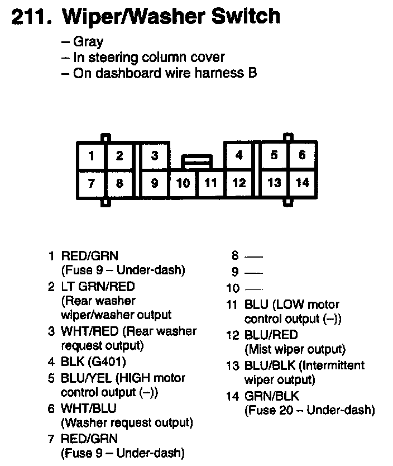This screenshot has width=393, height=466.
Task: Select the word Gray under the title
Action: click(88, 42)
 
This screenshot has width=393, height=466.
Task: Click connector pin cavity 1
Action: click(92, 156)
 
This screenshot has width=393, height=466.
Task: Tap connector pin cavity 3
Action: click(155, 156)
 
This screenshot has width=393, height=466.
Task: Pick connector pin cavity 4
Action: click(239, 156)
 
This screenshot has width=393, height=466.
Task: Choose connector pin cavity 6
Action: click(302, 156)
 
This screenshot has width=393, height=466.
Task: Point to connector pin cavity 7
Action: click(92, 183)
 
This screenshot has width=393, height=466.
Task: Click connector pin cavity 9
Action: click(155, 183)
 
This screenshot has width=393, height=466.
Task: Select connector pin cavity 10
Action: click(183, 183)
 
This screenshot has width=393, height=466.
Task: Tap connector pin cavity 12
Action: click(239, 183)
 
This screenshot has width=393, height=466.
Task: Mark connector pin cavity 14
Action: click(302, 183)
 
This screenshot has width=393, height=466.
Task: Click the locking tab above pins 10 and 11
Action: click(197, 162)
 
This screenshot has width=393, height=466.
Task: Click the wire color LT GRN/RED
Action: click(98, 286)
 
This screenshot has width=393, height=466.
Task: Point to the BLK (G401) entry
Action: click(93, 362)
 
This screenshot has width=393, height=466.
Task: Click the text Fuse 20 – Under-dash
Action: click(310, 411)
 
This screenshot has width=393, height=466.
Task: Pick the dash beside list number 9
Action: click(253, 273)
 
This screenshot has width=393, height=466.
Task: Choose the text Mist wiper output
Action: click(295, 350)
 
